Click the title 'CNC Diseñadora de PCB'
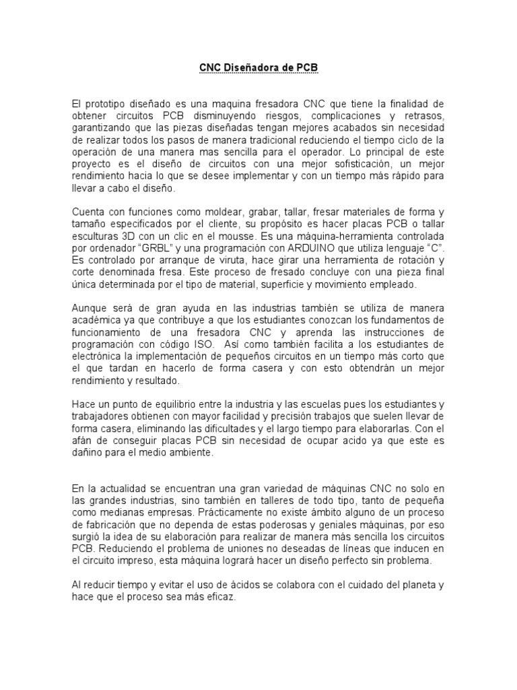[x=258, y=68]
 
